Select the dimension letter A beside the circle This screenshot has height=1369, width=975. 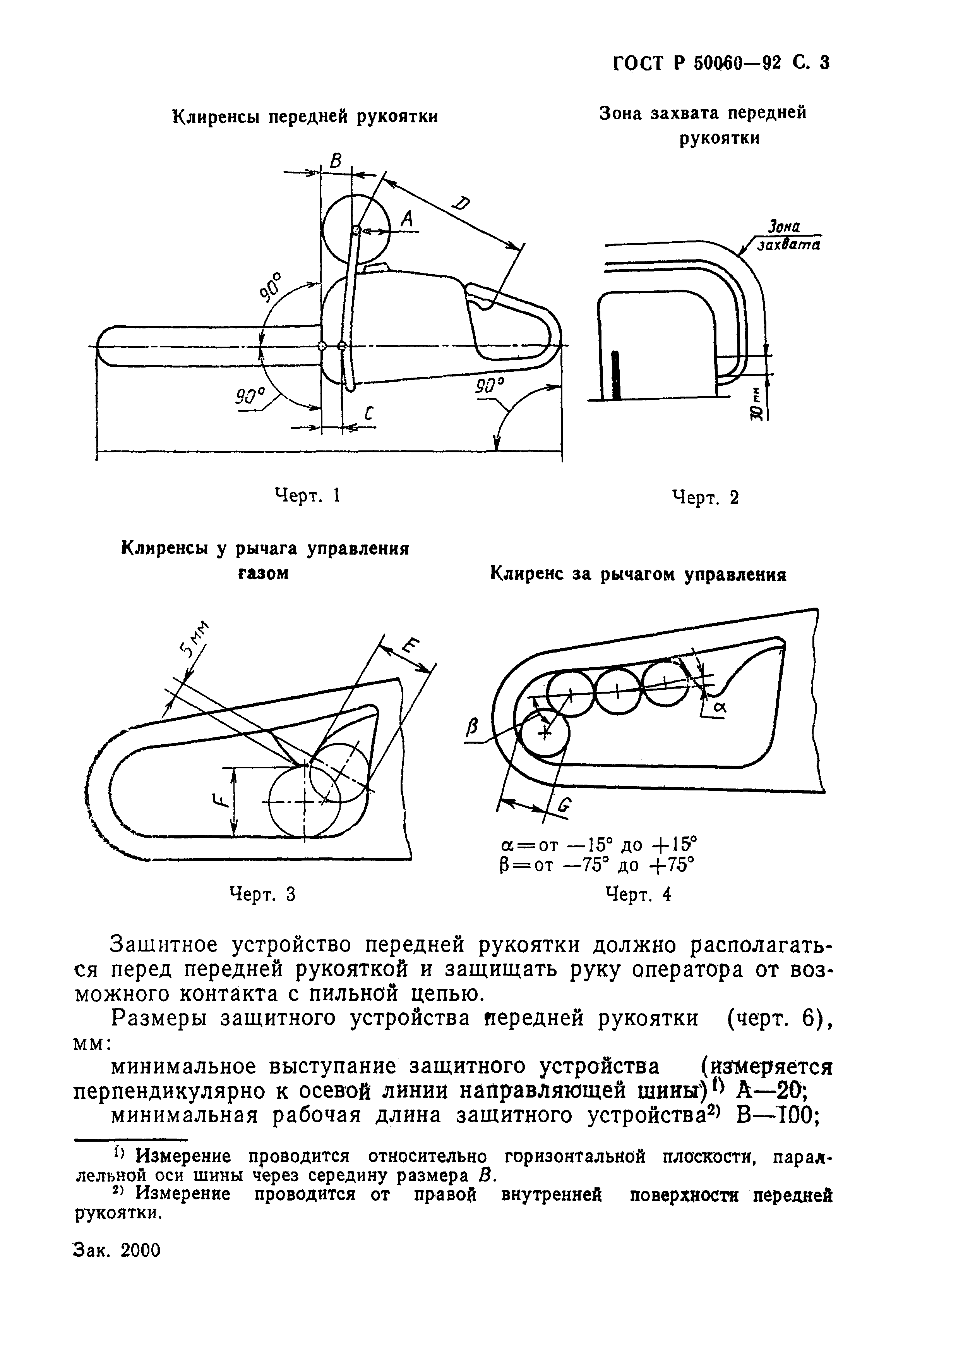tap(407, 220)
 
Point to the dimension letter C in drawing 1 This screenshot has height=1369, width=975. tap(368, 413)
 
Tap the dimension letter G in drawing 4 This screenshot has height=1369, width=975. tap(564, 808)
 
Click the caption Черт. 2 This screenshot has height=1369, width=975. tap(706, 497)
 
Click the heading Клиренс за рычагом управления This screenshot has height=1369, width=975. tap(638, 575)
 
